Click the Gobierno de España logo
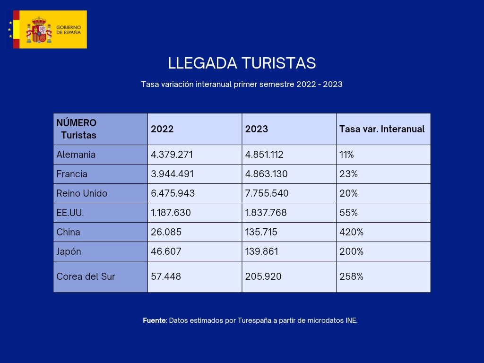click(x=50, y=29)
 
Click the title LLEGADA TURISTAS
click(x=242, y=63)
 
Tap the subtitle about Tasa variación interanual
click(x=242, y=85)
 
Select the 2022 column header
click(x=162, y=129)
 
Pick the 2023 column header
click(x=257, y=129)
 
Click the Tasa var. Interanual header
click(x=382, y=129)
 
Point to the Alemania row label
click(x=76, y=155)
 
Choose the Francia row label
click(x=72, y=174)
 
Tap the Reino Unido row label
click(x=82, y=193)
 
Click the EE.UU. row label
click(x=70, y=213)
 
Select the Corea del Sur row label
click(x=86, y=277)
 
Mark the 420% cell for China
click(x=351, y=232)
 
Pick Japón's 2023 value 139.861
click(x=261, y=251)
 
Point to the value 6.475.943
click(x=173, y=193)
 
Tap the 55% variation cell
click(x=348, y=213)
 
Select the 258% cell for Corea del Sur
click(x=351, y=277)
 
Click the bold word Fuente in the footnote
click(x=154, y=320)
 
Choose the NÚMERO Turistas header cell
click(x=77, y=129)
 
